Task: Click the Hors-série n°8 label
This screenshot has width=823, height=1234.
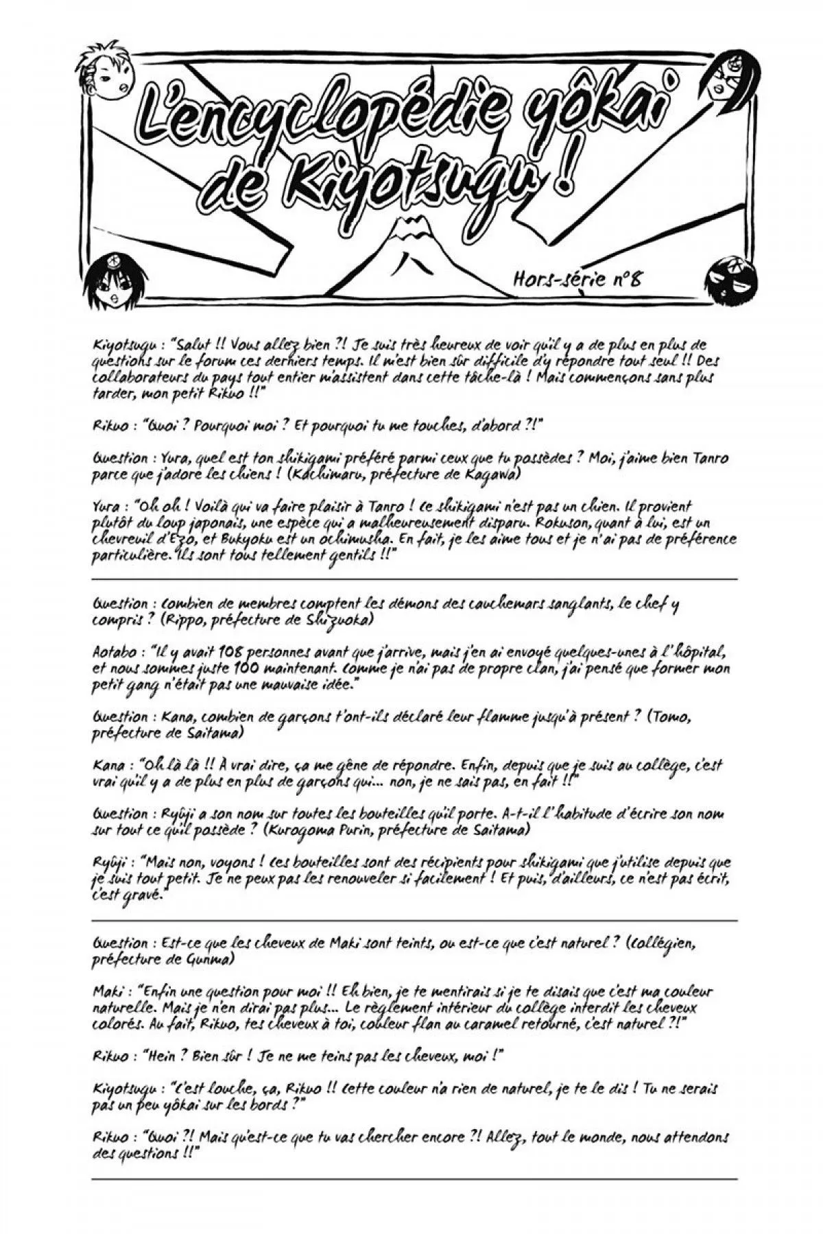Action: coord(577,279)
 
